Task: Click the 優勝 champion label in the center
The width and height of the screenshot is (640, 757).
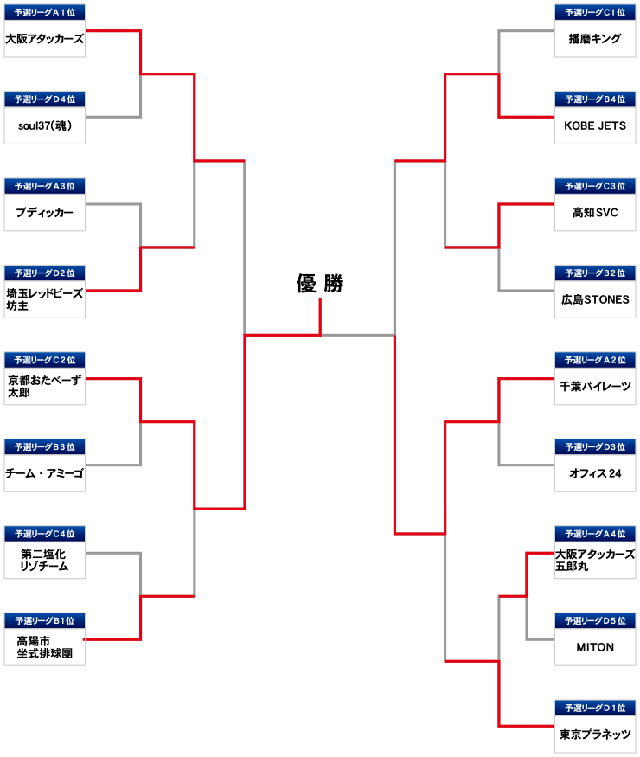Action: coord(319,284)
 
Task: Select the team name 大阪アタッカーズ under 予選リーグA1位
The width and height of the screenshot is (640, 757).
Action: coord(44,39)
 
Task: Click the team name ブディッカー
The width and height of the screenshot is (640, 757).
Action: coord(44,213)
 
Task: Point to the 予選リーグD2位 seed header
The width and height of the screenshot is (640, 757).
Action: coord(45,273)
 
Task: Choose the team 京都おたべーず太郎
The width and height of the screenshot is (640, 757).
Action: coord(44,386)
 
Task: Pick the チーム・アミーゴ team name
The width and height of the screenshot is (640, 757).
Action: coord(44,473)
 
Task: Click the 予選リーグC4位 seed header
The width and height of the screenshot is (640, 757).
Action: coord(45,534)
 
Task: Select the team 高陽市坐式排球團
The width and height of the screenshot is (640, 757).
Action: coord(44,647)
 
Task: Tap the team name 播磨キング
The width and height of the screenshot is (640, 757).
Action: coord(595,39)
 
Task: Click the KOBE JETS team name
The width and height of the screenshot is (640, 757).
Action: coord(595,125)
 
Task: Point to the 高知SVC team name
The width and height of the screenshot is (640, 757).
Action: coord(595,213)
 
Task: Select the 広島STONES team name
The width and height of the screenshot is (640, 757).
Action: coord(595,299)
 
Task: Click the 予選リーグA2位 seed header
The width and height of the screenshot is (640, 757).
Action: coord(595,360)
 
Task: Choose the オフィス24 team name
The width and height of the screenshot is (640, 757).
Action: coord(595,473)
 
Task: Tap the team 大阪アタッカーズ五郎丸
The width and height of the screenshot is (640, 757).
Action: coord(595,560)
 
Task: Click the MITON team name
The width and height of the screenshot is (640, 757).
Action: coord(595,647)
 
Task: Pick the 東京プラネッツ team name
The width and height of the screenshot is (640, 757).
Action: coord(595,734)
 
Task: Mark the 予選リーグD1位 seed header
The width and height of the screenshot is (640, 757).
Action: coord(595,708)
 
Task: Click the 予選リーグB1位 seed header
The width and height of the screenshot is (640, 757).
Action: coord(45,621)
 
